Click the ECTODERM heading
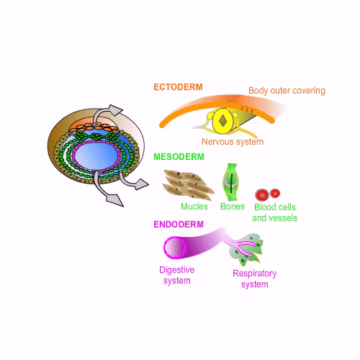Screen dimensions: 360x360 [178, 87]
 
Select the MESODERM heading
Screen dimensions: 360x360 [179, 157]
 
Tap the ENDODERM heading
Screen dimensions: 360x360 [179, 225]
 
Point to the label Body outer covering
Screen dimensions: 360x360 [287, 91]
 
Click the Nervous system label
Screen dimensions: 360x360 [233, 142]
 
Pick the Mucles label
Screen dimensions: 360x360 [194, 207]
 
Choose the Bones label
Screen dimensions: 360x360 [233, 207]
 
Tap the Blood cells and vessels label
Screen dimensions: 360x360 [275, 212]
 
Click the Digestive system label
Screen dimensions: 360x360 [177, 275]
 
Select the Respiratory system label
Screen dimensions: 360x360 [255, 279]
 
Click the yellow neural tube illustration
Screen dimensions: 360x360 [222, 121]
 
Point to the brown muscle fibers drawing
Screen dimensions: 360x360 [189, 185]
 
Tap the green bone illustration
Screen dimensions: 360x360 [231, 182]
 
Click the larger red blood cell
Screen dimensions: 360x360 [262, 195]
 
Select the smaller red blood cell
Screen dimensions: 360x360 [275, 193]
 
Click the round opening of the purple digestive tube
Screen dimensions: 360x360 [175, 248]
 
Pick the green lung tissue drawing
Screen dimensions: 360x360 [246, 249]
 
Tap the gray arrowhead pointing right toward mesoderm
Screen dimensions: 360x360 [140, 184]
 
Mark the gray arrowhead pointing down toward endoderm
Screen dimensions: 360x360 [114, 199]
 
